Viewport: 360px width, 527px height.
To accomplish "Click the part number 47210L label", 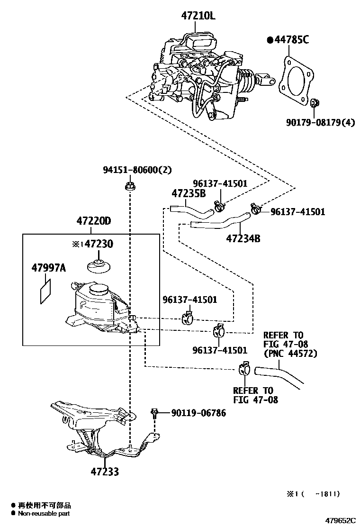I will tap(198, 16).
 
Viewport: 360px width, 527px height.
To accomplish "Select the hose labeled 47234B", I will tap(220, 221).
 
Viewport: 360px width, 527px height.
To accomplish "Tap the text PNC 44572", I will tap(290, 353).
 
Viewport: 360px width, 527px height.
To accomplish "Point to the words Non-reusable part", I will tap(45, 513).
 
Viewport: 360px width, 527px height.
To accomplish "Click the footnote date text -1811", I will tap(328, 494).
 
